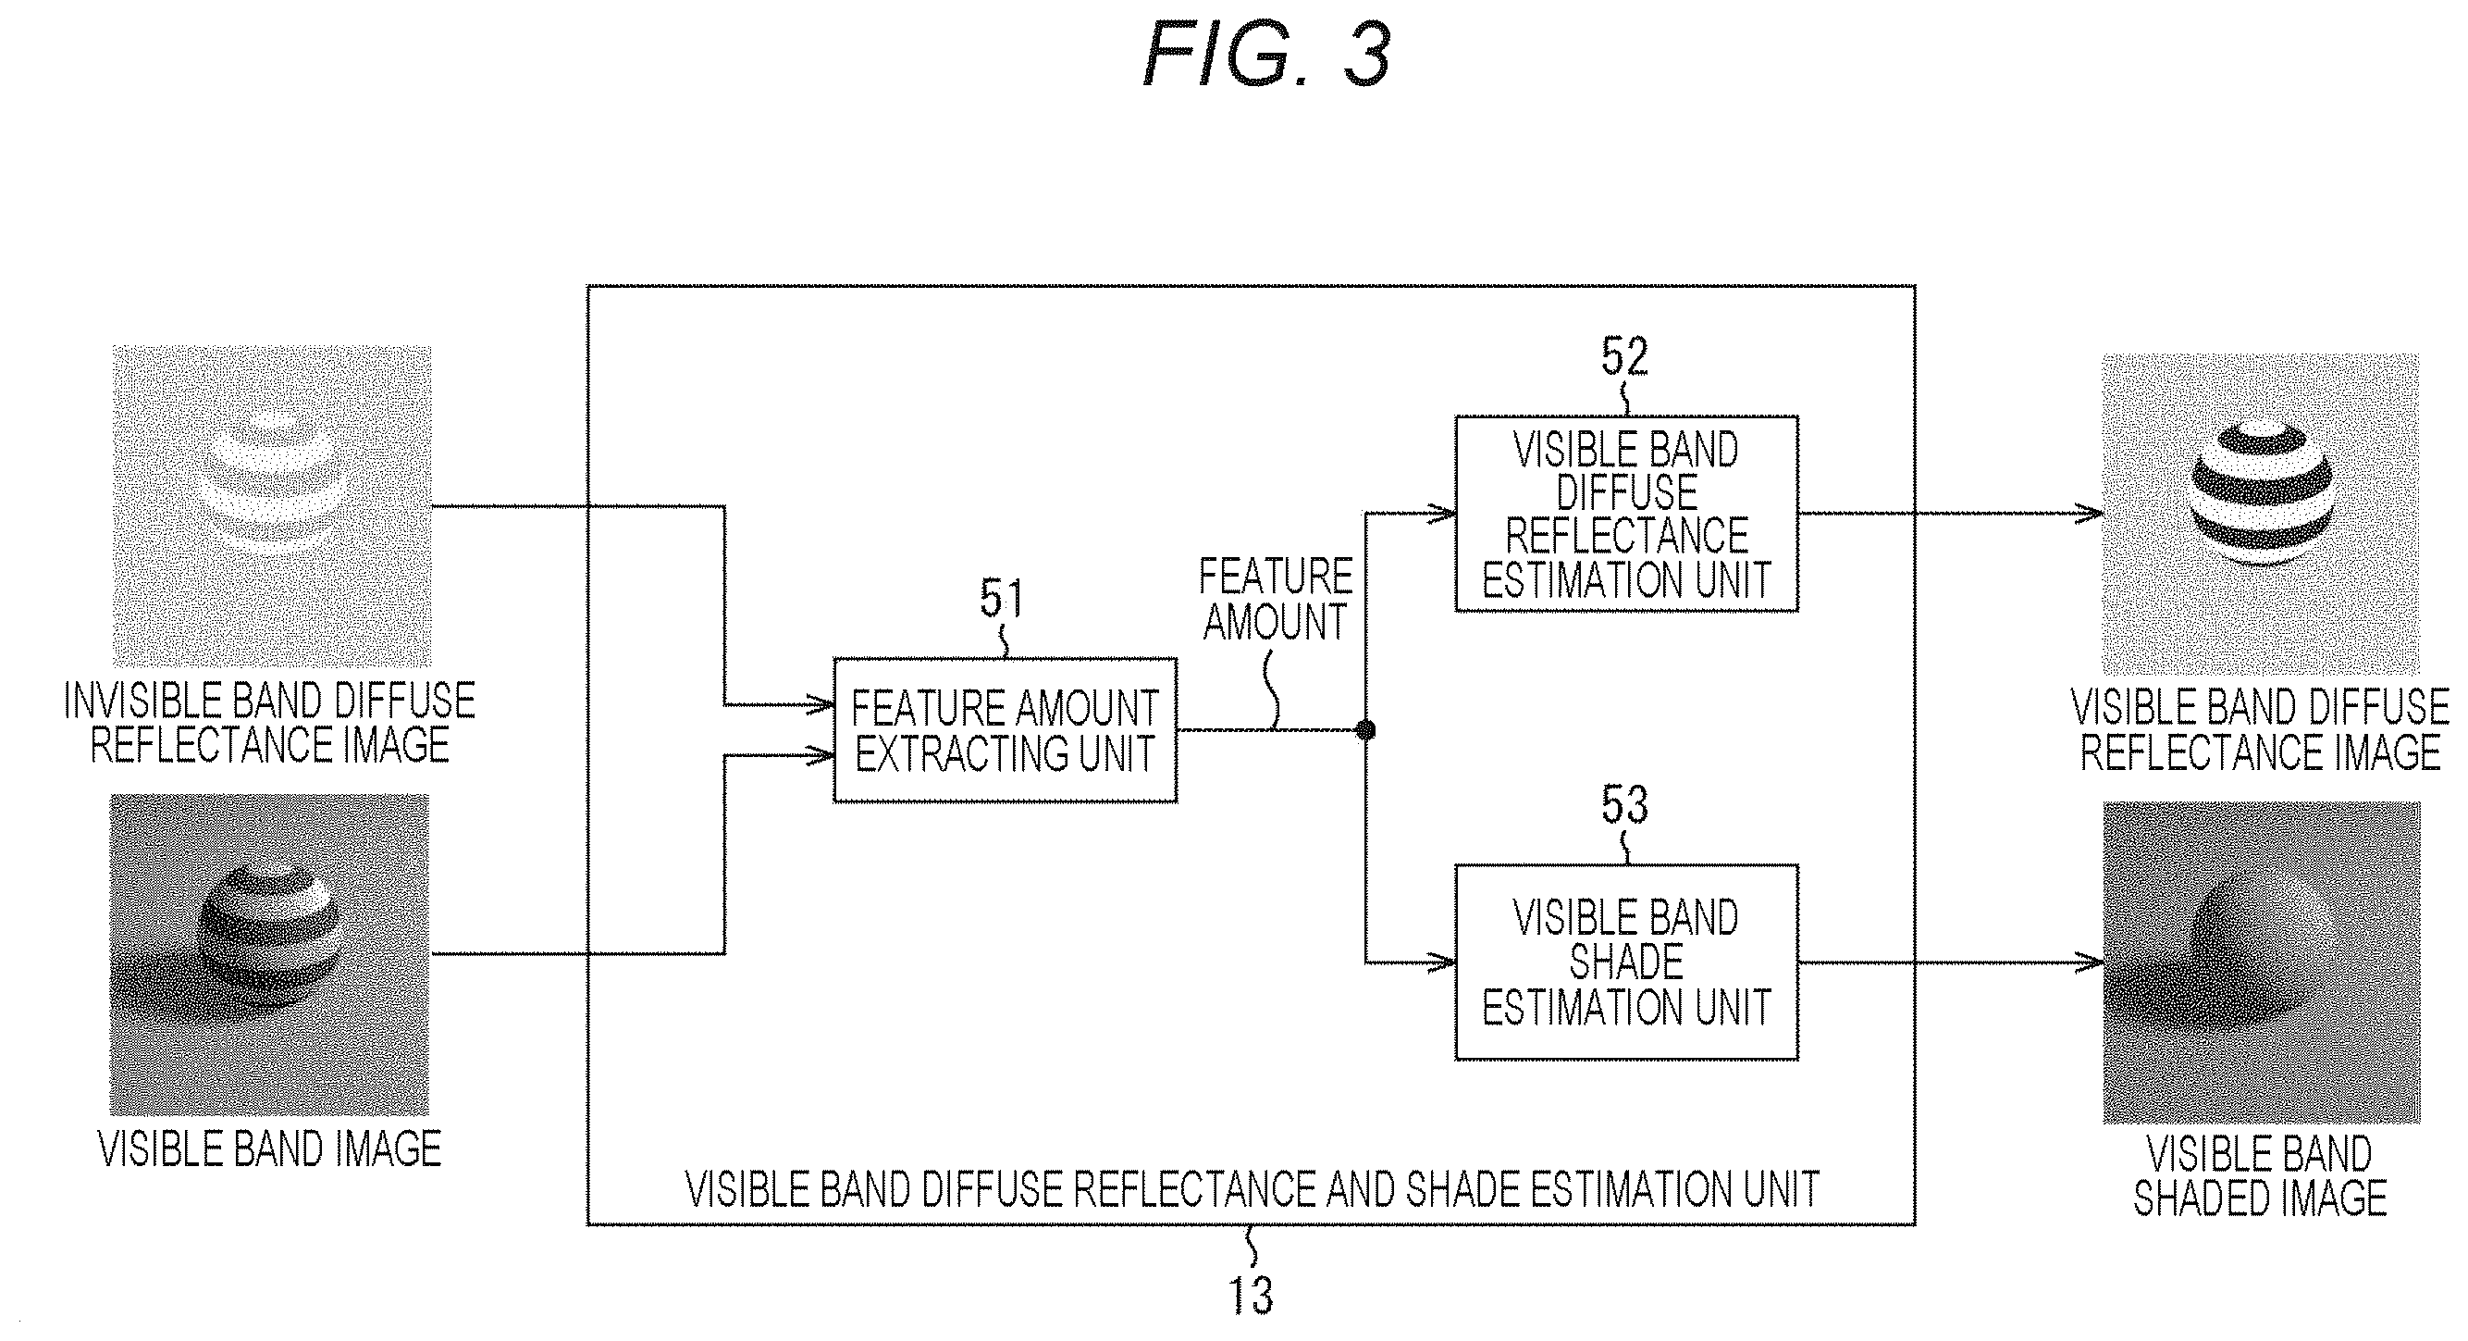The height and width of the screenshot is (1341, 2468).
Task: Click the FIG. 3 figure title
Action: point(1266,56)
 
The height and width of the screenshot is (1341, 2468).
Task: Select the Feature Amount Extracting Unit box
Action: point(1005,730)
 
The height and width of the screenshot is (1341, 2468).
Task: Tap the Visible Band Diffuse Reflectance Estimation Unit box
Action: point(1626,514)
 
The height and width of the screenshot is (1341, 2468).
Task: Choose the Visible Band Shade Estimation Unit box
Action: point(1626,962)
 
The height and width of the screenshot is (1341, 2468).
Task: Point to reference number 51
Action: point(1001,599)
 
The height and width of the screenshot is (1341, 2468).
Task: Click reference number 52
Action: point(1625,356)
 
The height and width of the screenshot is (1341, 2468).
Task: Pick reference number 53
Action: point(1625,805)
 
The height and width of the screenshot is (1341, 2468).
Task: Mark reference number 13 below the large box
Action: point(1252,1296)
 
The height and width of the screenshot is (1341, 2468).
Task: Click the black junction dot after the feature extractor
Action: point(1366,730)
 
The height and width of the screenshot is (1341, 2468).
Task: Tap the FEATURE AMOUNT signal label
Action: point(1276,599)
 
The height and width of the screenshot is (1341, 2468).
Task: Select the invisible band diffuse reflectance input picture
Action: point(272,506)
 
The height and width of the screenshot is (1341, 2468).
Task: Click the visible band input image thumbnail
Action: point(270,955)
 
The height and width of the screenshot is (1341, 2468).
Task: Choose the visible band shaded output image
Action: point(2262,962)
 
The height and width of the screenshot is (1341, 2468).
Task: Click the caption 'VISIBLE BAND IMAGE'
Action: point(270,1149)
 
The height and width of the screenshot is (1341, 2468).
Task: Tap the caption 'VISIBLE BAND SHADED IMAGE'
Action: point(2260,1176)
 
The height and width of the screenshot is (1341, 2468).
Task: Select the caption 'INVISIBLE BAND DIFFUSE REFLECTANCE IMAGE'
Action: point(270,724)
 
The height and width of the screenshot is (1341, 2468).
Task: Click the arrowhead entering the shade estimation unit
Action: point(1442,962)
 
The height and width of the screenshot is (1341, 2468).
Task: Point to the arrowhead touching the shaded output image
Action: point(2090,962)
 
